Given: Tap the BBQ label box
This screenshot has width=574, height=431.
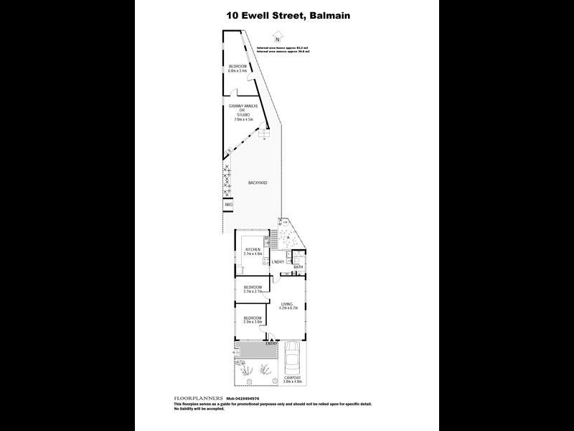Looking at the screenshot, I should [x=229, y=205].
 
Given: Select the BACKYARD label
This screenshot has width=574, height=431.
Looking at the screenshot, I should [x=258, y=183].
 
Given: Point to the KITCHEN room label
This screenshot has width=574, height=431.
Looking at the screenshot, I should [x=252, y=249].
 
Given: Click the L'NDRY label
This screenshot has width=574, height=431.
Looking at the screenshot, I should [x=278, y=262].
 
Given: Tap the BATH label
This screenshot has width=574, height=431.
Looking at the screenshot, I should [x=298, y=267].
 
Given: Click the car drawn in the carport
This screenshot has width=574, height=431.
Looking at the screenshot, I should [x=291, y=358].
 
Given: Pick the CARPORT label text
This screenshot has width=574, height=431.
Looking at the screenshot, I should [x=292, y=377].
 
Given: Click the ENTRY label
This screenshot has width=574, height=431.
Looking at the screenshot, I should [x=271, y=343].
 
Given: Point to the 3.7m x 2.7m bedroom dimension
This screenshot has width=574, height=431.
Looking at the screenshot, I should [x=253, y=292].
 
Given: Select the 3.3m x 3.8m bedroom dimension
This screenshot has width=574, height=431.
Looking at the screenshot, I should [x=253, y=322].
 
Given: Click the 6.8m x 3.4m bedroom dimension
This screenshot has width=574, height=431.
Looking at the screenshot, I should [x=237, y=71].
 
